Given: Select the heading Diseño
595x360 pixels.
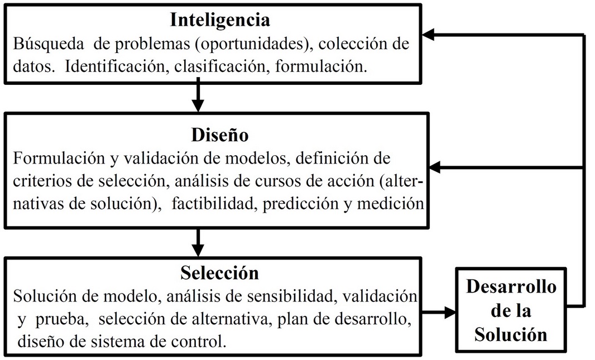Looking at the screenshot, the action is point(220,135).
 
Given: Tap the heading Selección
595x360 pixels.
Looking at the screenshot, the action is point(219,272).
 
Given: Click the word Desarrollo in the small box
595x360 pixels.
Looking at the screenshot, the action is point(511,286).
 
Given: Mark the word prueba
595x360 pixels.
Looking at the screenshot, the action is point(62,319).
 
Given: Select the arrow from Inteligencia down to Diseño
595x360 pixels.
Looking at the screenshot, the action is point(198,94).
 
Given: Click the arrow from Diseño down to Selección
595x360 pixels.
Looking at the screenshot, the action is point(198,242).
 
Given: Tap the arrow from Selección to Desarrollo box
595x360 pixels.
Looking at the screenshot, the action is point(439,313).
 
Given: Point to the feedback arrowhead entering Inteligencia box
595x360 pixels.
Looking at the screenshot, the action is point(428,35).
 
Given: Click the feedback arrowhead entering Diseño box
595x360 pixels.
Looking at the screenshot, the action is point(435,167).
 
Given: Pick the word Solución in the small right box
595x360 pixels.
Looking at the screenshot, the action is point(511,334).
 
